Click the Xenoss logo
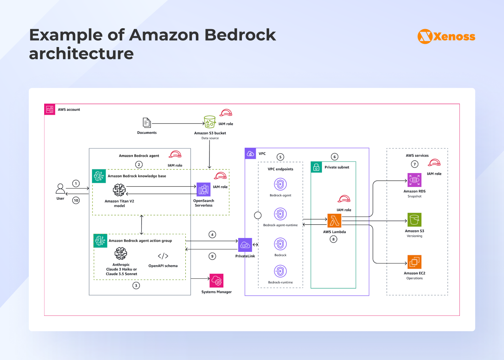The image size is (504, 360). click(x=446, y=36)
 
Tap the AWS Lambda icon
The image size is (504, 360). click(x=334, y=221)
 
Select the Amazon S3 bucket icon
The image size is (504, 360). click(x=210, y=122)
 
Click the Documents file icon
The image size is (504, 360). click(x=147, y=123)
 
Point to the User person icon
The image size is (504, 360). click(x=60, y=189)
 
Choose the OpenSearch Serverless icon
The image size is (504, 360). click(x=204, y=189)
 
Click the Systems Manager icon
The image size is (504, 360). click(x=216, y=281)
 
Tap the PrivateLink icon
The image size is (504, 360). click(x=245, y=245)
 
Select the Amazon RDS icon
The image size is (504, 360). click(x=414, y=180)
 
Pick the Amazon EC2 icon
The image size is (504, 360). click(x=414, y=262)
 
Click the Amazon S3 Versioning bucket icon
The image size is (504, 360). click(x=414, y=220)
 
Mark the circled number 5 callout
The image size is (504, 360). click(x=280, y=157)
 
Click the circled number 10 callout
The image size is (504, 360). click(x=76, y=200)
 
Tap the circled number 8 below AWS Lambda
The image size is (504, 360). click(x=333, y=239)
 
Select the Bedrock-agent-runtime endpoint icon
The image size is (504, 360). click(x=280, y=214)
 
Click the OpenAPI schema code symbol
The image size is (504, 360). click(x=163, y=256)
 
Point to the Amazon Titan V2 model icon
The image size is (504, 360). click(x=119, y=190)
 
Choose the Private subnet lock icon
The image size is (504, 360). click(x=316, y=167)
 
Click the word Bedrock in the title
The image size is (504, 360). click(x=240, y=35)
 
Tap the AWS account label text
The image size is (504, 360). click(x=69, y=109)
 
